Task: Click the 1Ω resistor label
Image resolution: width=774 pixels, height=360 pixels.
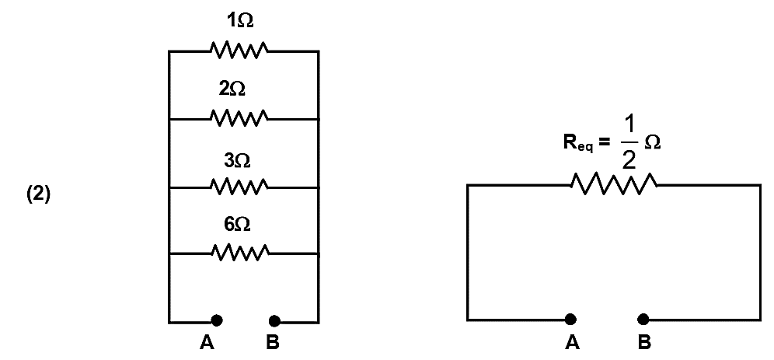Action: [x=240, y=21]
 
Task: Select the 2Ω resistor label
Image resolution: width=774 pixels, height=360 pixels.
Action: [x=232, y=89]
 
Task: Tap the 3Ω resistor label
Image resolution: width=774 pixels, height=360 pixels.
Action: [x=237, y=160]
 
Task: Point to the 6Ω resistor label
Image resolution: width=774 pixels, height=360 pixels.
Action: [x=237, y=225]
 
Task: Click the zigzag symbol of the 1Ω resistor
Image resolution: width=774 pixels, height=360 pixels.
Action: [x=239, y=51]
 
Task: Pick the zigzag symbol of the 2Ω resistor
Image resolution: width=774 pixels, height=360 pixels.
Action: [x=239, y=118]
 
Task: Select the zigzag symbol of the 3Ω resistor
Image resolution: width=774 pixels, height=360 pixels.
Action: [x=239, y=187]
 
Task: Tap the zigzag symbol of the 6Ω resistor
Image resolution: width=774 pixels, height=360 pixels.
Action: [x=240, y=253]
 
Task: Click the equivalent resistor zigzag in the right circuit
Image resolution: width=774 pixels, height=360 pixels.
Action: [x=613, y=184]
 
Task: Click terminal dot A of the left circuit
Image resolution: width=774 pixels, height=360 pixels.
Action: [x=217, y=321]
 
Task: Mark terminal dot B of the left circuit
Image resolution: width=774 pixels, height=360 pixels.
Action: [x=274, y=321]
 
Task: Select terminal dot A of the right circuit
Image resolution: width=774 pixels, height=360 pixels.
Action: [x=570, y=320]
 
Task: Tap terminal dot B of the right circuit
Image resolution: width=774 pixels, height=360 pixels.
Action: [x=643, y=320]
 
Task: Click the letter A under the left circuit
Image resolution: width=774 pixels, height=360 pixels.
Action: [x=207, y=343]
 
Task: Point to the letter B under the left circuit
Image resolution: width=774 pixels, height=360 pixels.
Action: [x=273, y=343]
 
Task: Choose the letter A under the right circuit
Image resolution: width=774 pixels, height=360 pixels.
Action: [x=573, y=342]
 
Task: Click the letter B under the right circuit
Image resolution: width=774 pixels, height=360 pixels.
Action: [x=644, y=342]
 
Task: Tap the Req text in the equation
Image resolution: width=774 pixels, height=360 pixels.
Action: [x=578, y=144]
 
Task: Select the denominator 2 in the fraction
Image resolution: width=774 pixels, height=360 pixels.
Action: [x=629, y=161]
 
